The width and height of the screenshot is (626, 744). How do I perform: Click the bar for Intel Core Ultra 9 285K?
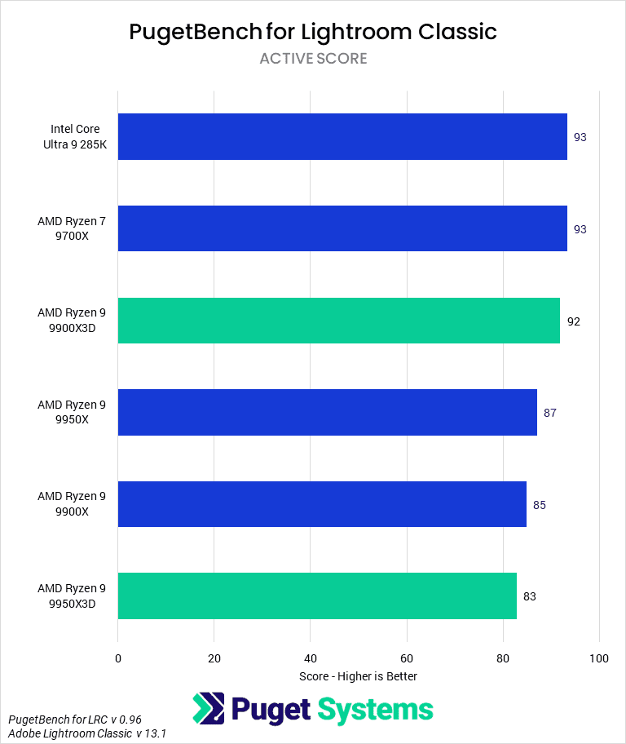pyautogui.click(x=342, y=137)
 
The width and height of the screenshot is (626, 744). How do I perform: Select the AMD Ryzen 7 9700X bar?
pyautogui.click(x=342, y=228)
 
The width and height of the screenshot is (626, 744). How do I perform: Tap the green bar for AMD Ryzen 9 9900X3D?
pyautogui.click(x=339, y=321)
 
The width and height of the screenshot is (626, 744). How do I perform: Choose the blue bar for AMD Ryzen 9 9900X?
pyautogui.click(x=322, y=504)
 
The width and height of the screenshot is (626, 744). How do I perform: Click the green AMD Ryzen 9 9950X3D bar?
pyautogui.click(x=317, y=596)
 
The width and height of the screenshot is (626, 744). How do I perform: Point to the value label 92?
pyautogui.click(x=574, y=321)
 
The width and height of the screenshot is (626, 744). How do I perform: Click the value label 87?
pyautogui.click(x=550, y=413)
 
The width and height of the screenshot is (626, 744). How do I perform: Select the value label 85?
pyautogui.click(x=540, y=505)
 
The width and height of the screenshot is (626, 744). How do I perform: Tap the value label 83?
pyautogui.click(x=530, y=596)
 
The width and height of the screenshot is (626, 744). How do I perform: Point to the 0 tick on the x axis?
pyautogui.click(x=118, y=658)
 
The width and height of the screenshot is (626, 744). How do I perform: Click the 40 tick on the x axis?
pyautogui.click(x=311, y=658)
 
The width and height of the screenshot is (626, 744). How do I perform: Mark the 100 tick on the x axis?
pyautogui.click(x=599, y=658)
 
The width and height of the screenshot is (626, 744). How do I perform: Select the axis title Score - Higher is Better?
pyautogui.click(x=359, y=676)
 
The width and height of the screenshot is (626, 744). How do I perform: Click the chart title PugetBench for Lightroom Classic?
pyautogui.click(x=313, y=32)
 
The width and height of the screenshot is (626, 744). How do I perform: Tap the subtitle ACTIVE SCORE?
pyautogui.click(x=313, y=59)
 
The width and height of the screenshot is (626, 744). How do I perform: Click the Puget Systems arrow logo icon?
pyautogui.click(x=209, y=709)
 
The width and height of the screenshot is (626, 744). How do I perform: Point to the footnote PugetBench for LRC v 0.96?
pyautogui.click(x=75, y=720)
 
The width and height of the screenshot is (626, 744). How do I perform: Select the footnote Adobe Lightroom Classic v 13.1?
pyautogui.click(x=88, y=734)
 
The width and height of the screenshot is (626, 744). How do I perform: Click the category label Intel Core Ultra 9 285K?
pyautogui.click(x=75, y=137)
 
